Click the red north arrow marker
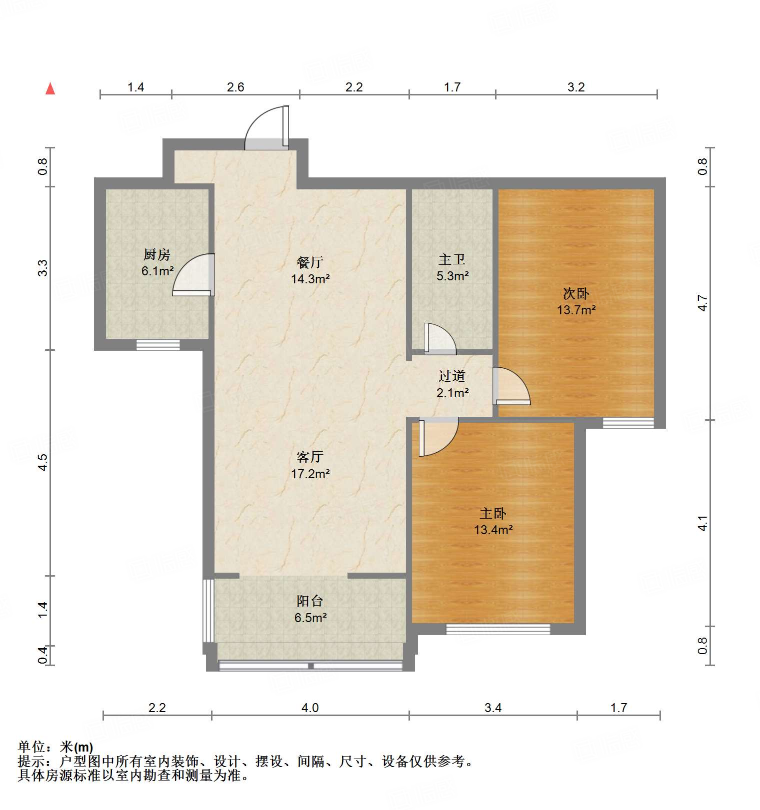(x=50, y=88)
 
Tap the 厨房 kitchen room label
(x=156, y=255)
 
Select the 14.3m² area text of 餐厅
(x=310, y=279)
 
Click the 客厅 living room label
(x=310, y=457)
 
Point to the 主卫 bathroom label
(x=452, y=259)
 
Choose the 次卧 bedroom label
(x=576, y=293)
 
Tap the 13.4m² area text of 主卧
(x=493, y=530)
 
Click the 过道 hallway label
(x=452, y=376)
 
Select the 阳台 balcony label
(x=310, y=601)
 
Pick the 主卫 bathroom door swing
(x=439, y=339)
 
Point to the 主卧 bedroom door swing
(x=437, y=436)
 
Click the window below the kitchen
(x=158, y=344)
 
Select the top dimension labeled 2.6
(x=235, y=87)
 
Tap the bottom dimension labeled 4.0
(x=310, y=708)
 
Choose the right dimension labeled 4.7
(x=702, y=303)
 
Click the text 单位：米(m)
(x=55, y=747)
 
